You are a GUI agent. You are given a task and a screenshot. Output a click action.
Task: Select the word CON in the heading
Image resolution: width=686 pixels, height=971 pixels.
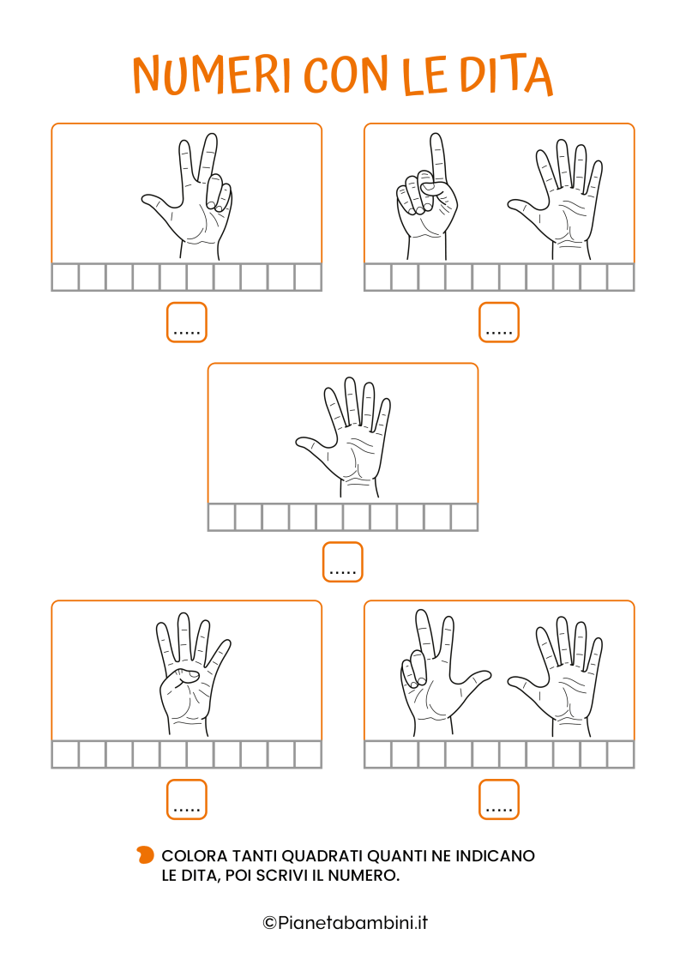point(346,75)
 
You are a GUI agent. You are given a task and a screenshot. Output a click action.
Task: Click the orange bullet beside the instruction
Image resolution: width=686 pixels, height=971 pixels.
point(145,855)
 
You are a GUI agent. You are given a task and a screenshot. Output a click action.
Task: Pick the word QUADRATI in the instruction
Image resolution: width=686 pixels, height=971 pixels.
point(322,856)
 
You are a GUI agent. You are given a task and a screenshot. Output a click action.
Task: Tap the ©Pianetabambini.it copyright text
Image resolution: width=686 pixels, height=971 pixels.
point(346,923)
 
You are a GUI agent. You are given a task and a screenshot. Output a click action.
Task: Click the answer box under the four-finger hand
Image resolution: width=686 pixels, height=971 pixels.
point(186,799)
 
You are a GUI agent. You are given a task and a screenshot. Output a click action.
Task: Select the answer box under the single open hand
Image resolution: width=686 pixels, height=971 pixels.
point(342,563)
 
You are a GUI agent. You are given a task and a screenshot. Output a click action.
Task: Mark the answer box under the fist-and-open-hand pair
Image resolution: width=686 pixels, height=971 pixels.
point(499,322)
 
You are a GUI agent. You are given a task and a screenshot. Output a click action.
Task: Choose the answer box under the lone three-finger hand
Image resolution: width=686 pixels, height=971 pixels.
point(186,322)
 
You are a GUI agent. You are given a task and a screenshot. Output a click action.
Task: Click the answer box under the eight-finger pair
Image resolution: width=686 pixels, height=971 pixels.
point(499,799)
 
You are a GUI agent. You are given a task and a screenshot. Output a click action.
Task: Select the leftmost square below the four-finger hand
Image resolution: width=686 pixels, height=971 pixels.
point(65,755)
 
